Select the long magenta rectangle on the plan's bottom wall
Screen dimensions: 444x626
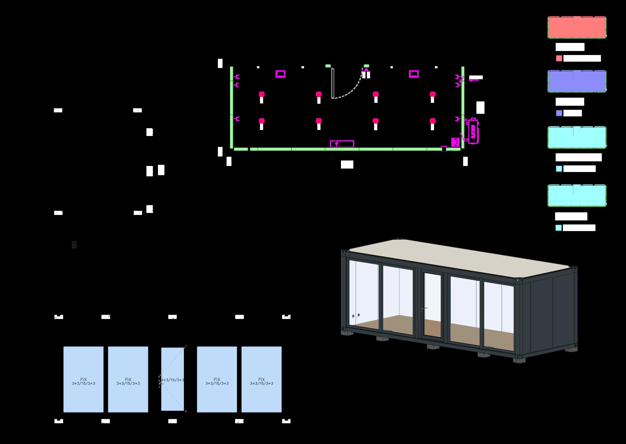point(342,143)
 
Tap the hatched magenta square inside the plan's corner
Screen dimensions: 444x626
point(455,142)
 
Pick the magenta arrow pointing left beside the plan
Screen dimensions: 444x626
point(474,80)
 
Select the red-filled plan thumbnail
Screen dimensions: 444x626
point(577,27)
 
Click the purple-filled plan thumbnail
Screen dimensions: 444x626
point(577,81)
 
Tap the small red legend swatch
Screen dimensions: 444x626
point(559,58)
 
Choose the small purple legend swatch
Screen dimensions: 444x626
point(559,113)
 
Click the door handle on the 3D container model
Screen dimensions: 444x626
point(423,309)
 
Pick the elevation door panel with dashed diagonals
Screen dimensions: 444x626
point(172,379)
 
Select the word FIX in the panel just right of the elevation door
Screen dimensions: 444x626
point(217,379)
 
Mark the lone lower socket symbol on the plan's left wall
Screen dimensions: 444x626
point(237,119)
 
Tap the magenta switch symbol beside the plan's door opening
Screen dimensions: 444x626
point(366,74)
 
